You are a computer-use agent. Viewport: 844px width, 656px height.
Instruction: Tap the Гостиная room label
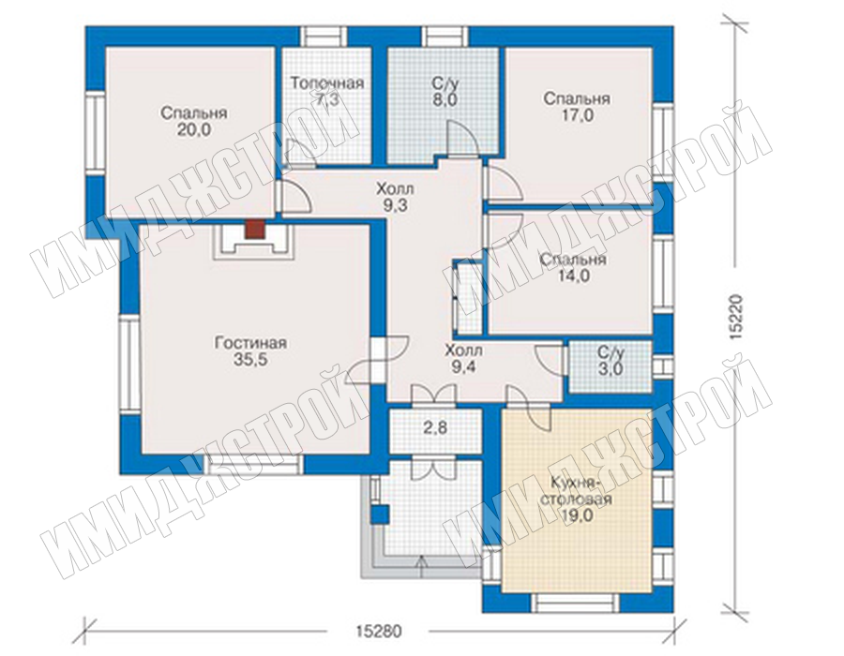pos(250,343)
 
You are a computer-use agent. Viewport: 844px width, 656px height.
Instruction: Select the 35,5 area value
pos(250,360)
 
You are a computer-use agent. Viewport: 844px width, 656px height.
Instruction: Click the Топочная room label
pos(327,83)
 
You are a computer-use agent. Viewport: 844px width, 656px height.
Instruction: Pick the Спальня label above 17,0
pos(577,99)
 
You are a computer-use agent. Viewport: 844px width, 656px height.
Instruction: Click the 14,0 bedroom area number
pos(573,276)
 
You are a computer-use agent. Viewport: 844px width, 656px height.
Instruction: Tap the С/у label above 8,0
pos(445,83)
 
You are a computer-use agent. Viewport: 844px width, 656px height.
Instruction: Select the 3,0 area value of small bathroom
pos(610,369)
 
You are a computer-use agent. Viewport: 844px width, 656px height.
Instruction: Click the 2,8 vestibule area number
pos(435,428)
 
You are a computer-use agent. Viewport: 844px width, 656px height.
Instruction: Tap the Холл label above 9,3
pos(396,188)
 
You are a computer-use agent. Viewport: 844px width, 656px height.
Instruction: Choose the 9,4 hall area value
pos(463,367)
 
